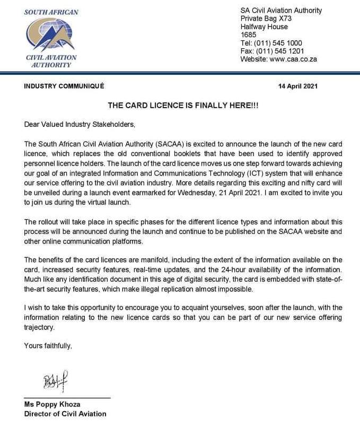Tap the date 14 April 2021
(x=298, y=86)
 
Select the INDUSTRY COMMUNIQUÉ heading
(x=64, y=86)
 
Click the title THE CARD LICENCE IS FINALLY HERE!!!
(x=183, y=106)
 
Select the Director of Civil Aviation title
(x=65, y=414)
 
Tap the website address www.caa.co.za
(x=293, y=59)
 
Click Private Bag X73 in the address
(x=266, y=19)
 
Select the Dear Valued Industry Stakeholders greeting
(x=80, y=125)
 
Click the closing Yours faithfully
(x=48, y=346)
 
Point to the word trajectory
(x=39, y=327)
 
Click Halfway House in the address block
(x=264, y=27)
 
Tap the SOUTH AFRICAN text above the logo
(x=51, y=12)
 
